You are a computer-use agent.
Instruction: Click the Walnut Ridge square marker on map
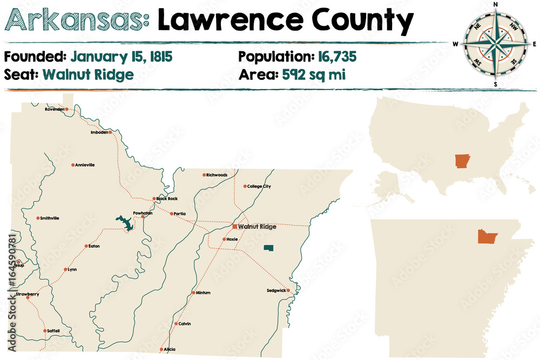point(235,227)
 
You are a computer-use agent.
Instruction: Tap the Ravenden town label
point(55,109)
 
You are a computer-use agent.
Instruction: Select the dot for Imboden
point(110,132)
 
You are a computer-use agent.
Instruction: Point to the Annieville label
point(85,165)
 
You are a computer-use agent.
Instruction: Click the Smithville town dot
point(38,218)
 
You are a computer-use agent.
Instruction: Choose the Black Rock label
point(167,199)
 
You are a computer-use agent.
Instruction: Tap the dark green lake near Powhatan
point(126,222)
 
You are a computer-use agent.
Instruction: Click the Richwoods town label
point(217,175)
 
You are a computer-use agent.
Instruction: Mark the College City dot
point(245,186)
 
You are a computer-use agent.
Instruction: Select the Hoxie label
point(232,239)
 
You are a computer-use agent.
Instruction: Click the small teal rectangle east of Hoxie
point(268,248)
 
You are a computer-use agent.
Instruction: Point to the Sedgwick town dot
point(289,290)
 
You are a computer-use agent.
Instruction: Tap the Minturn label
point(203,293)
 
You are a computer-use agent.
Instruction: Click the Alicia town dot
point(161,349)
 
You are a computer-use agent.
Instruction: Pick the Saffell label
point(53,330)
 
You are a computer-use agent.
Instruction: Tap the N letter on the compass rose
point(496,5)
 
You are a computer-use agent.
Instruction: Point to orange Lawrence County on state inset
point(486,236)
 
